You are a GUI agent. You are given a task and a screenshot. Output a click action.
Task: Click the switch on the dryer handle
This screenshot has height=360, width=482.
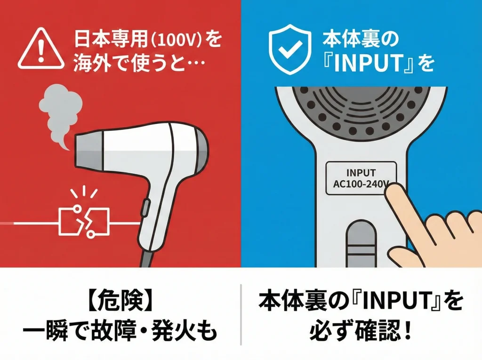pos(144,207)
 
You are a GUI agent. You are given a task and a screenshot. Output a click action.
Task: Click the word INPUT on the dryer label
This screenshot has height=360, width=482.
pos(361,172)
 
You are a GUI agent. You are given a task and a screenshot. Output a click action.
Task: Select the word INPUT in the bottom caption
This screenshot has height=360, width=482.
pos(372,303)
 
